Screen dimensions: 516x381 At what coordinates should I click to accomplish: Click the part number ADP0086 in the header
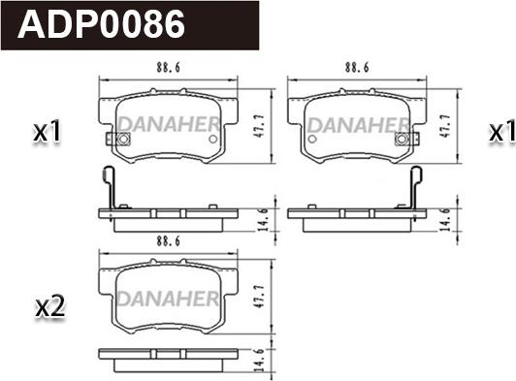101,23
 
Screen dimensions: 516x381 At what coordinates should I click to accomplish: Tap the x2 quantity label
50,307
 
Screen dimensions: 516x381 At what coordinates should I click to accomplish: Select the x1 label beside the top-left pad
48,131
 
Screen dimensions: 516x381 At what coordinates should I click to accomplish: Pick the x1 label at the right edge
501,133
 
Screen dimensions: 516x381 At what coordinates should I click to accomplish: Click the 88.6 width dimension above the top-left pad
168,68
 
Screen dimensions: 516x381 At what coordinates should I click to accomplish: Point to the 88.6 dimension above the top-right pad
357,68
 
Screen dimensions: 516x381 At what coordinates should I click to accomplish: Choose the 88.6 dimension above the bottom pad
168,241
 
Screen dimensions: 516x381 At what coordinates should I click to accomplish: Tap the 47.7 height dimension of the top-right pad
446,126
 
